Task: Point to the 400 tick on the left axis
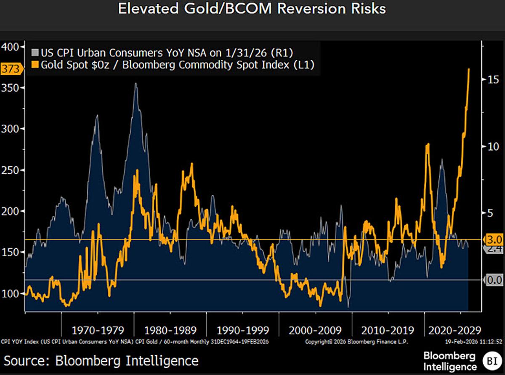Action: [x=12, y=47]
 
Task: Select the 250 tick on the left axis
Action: [x=12, y=170]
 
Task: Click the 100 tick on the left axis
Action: [x=12, y=293]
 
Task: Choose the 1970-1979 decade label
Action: [x=97, y=330]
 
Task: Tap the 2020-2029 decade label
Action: [x=452, y=330]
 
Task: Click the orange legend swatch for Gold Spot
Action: [x=35, y=64]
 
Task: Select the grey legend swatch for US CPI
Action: [x=35, y=53]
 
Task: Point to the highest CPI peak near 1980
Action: [x=136, y=84]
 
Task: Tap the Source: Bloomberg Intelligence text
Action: [x=101, y=361]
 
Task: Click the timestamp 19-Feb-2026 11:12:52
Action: [x=477, y=342]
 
